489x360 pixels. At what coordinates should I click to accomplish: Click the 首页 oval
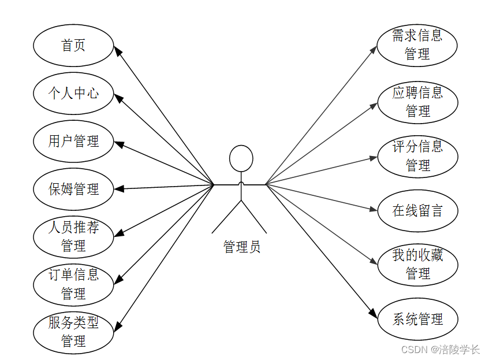(x=73, y=46)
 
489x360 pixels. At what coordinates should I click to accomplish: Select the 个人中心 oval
(x=73, y=93)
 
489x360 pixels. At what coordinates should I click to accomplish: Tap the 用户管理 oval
(x=73, y=141)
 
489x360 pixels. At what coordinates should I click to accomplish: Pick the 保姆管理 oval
(x=73, y=189)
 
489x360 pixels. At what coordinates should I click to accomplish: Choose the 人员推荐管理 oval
(x=73, y=237)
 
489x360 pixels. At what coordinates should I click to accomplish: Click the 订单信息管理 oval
(x=73, y=284)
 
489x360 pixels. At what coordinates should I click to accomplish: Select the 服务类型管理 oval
(x=73, y=332)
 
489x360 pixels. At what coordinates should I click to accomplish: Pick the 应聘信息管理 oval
(x=417, y=102)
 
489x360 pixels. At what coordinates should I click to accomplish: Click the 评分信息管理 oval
(x=417, y=156)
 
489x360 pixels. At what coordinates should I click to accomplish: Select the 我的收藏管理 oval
(x=417, y=265)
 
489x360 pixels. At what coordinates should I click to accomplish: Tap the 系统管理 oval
(x=417, y=319)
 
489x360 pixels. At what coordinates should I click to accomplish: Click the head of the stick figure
(x=241, y=158)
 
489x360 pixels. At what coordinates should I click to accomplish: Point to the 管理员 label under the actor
(x=241, y=247)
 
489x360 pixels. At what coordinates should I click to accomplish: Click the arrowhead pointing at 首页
(x=117, y=50)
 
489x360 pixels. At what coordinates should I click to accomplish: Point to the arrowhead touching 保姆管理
(x=119, y=188)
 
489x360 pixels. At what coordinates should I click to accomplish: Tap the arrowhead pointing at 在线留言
(x=373, y=209)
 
